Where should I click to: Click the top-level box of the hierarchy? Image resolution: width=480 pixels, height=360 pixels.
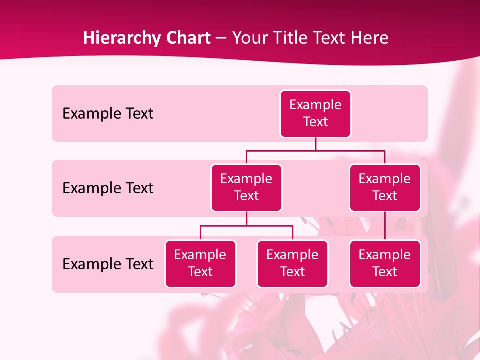coord(315,114)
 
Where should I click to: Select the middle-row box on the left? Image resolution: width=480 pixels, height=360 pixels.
coord(246,188)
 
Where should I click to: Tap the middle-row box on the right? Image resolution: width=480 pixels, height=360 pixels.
coord(385,188)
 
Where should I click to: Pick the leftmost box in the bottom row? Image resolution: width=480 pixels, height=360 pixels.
coord(200,264)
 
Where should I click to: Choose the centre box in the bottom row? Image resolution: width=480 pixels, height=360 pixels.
coord(292,264)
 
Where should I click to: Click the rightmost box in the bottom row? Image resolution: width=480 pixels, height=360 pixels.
coord(385,264)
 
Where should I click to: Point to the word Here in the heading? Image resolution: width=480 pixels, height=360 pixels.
coord(370,38)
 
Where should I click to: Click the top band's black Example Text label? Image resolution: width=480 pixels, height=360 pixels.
coord(108,114)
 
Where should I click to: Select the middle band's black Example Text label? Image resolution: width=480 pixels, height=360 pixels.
coord(108,188)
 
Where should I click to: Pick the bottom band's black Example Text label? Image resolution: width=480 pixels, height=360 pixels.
coord(108,264)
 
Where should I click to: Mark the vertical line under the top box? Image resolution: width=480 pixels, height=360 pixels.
coord(315,144)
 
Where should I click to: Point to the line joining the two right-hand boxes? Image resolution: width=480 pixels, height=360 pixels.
coord(385,226)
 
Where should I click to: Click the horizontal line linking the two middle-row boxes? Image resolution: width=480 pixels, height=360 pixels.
coord(315,150)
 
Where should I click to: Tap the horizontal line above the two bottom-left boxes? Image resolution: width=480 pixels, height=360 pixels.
coord(246,226)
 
